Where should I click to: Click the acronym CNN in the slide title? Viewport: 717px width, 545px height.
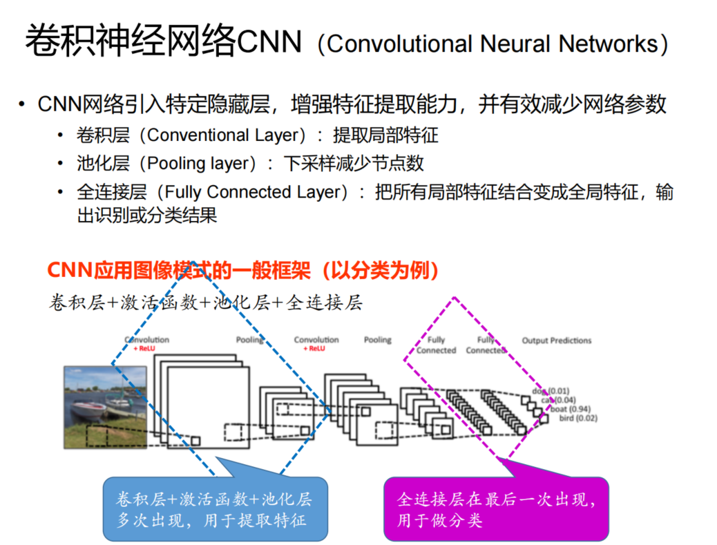coord(269,43)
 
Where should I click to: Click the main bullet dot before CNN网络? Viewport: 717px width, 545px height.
coord(23,105)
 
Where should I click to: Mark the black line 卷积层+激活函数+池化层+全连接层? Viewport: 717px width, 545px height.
coord(206,303)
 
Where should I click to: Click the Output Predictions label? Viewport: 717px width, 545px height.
coord(556,341)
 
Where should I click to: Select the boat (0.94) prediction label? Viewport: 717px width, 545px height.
coord(569,409)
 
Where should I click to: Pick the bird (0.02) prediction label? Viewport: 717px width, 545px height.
coord(577,418)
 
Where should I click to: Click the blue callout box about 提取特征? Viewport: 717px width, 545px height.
coord(213,509)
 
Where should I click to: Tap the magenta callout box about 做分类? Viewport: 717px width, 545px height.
coord(495,509)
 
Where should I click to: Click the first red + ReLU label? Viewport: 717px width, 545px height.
coord(146,350)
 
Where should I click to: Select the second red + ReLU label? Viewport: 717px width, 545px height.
coord(314,349)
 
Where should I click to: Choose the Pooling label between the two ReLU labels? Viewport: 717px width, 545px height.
coord(249,340)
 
